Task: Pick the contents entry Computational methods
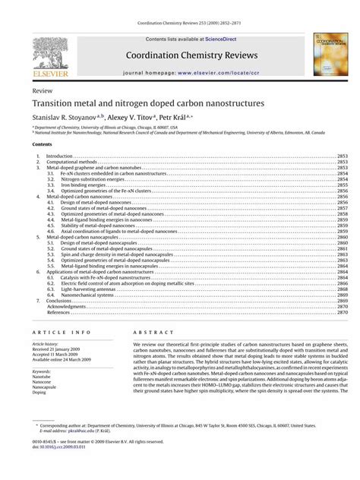(x=71, y=162)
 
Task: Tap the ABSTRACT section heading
(x=149, y=333)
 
